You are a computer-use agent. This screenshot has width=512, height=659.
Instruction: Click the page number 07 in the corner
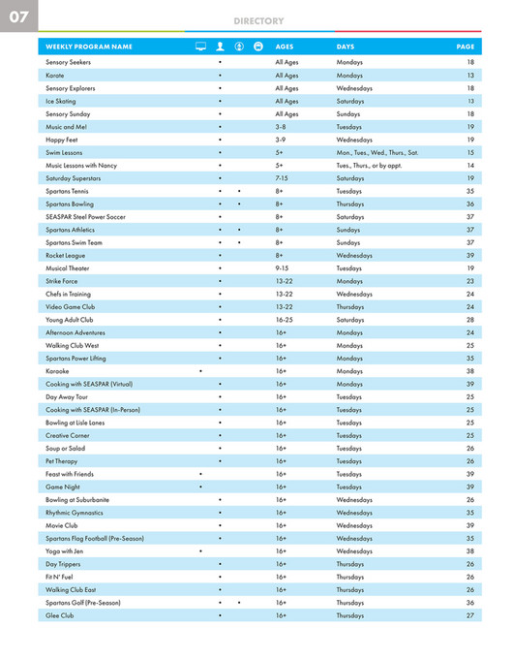pyautogui.click(x=18, y=17)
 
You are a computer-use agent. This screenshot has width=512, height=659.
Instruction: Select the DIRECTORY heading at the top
pyautogui.click(x=258, y=20)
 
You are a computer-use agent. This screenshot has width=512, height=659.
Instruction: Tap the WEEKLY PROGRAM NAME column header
pyautogui.click(x=88, y=47)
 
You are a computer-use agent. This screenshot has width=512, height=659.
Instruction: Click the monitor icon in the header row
pyautogui.click(x=200, y=47)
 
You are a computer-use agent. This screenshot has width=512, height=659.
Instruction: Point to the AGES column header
pyautogui.click(x=285, y=47)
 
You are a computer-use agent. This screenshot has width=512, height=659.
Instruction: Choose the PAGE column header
pyautogui.click(x=465, y=47)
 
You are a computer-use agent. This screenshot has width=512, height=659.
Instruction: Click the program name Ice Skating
pyautogui.click(x=60, y=101)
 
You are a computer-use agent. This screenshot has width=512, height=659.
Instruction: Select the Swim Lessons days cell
pyautogui.click(x=377, y=152)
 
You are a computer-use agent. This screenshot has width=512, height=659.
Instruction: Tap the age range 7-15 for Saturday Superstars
pyautogui.click(x=282, y=178)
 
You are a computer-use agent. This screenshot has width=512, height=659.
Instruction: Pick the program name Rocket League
pyautogui.click(x=66, y=255)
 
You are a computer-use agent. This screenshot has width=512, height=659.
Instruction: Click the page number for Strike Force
pyautogui.click(x=469, y=281)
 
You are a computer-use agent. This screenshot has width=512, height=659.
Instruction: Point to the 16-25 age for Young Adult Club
pyautogui.click(x=284, y=319)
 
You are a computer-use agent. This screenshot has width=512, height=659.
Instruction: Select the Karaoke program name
pyautogui.click(x=57, y=370)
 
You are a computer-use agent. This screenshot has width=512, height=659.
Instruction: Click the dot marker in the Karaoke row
pyautogui.click(x=200, y=370)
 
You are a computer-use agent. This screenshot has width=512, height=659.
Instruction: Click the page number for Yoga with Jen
pyautogui.click(x=469, y=550)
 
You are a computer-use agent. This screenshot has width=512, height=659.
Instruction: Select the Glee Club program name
pyautogui.click(x=59, y=615)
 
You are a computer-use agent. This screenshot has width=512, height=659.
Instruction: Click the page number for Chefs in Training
pyautogui.click(x=469, y=294)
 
